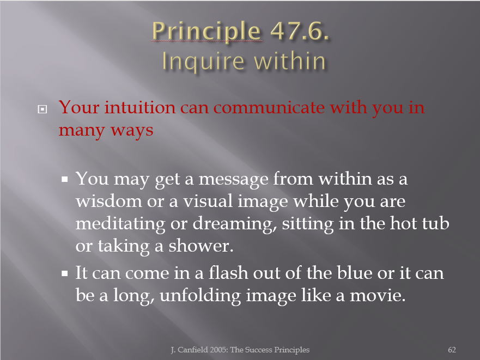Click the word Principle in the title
tap(206, 32)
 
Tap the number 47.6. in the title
tap(300, 31)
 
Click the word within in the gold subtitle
tap(290, 61)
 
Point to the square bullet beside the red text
tap(42, 109)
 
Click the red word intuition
tap(140, 107)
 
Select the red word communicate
tap(268, 108)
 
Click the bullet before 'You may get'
tap(64, 179)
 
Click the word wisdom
tap(109, 201)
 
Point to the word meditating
tap(120, 224)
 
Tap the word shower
tap(201, 246)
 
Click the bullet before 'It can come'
tap(64, 273)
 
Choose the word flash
tap(228, 273)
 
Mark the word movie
tap(378, 296)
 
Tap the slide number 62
tap(452, 350)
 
